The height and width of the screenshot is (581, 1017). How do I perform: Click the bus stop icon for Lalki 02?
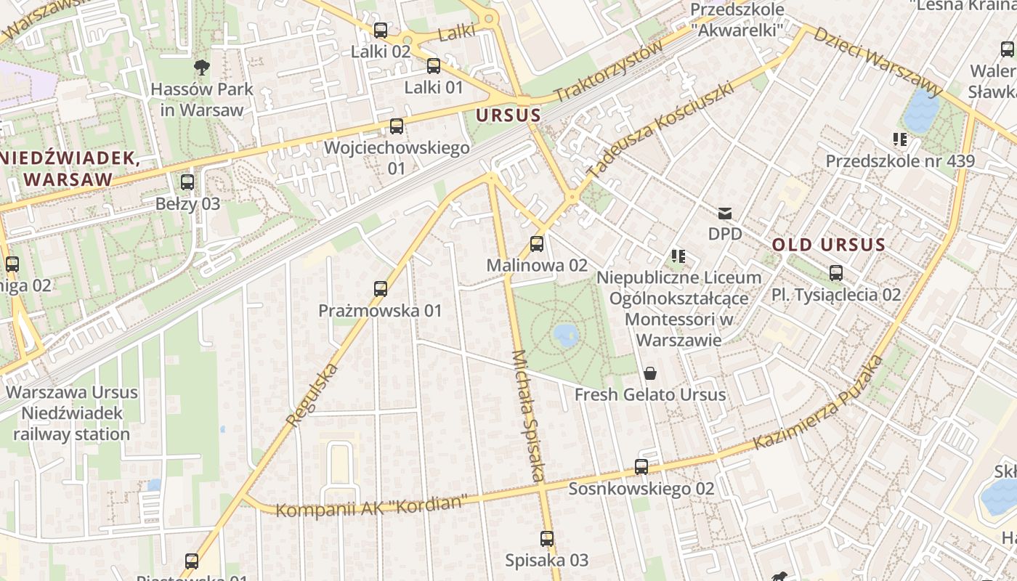[381, 31]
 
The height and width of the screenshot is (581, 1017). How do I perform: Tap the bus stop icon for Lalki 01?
[434, 66]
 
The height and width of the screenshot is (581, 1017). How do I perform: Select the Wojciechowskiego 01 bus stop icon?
[397, 126]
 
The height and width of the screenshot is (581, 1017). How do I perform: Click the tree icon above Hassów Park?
[202, 68]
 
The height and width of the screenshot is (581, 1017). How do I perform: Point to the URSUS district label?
[508, 115]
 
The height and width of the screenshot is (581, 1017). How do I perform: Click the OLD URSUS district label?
[829, 245]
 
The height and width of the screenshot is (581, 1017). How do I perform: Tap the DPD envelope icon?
[725, 214]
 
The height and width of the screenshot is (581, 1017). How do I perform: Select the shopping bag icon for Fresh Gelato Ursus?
[650, 373]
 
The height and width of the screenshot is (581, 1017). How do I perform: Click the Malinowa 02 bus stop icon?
[537, 244]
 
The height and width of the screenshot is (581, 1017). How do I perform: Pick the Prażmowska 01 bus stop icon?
[381, 289]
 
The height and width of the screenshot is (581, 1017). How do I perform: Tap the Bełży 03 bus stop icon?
[187, 182]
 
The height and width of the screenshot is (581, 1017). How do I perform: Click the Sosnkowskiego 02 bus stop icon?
[641, 467]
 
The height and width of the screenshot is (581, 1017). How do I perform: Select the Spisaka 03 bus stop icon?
[547, 539]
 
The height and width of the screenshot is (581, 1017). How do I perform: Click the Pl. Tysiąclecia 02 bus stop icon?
[836, 273]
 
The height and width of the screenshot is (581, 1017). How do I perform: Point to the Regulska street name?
[313, 395]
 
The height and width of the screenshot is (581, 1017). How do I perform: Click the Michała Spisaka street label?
[528, 415]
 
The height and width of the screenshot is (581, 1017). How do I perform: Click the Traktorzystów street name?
[609, 71]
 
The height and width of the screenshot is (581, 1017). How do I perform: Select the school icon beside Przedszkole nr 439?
[901, 139]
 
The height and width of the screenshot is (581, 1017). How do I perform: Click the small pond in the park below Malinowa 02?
[566, 335]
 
